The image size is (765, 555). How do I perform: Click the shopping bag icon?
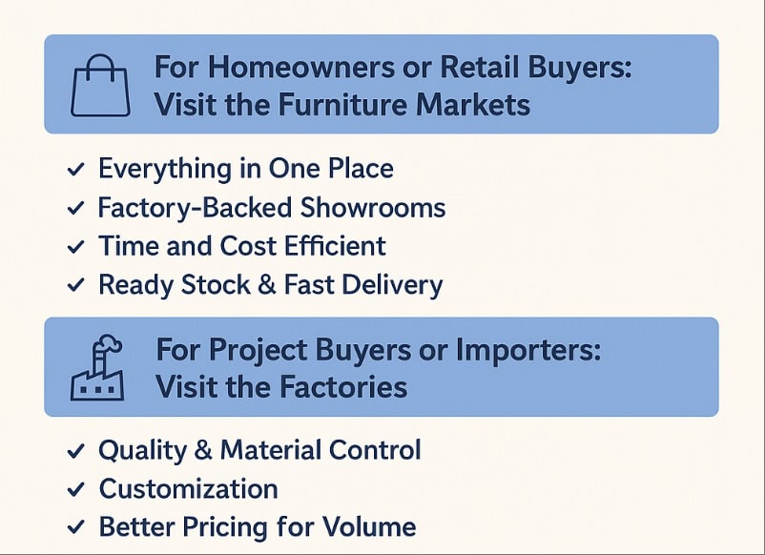pyautogui.click(x=100, y=85)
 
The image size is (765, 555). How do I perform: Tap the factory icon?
pyautogui.click(x=97, y=368)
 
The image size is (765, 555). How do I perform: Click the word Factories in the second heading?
pyautogui.click(x=344, y=387)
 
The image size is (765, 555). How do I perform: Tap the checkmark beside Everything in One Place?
pyautogui.click(x=75, y=170)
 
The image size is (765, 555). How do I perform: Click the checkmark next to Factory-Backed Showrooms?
pyautogui.click(x=75, y=208)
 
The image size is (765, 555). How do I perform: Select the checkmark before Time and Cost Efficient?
pyautogui.click(x=75, y=247)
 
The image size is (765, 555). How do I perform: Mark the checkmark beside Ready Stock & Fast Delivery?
pyautogui.click(x=75, y=285)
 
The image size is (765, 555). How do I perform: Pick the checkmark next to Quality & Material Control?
pyautogui.click(x=75, y=451)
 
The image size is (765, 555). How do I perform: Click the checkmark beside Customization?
pyautogui.click(x=75, y=489)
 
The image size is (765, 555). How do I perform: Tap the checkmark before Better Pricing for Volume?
pyautogui.click(x=75, y=527)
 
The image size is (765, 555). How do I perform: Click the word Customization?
pyautogui.click(x=188, y=488)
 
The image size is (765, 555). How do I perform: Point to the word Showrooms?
pyautogui.click(x=373, y=207)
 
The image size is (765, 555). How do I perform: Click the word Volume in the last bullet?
pyautogui.click(x=369, y=526)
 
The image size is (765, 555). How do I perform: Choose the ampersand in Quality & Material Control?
pyautogui.click(x=203, y=450)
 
